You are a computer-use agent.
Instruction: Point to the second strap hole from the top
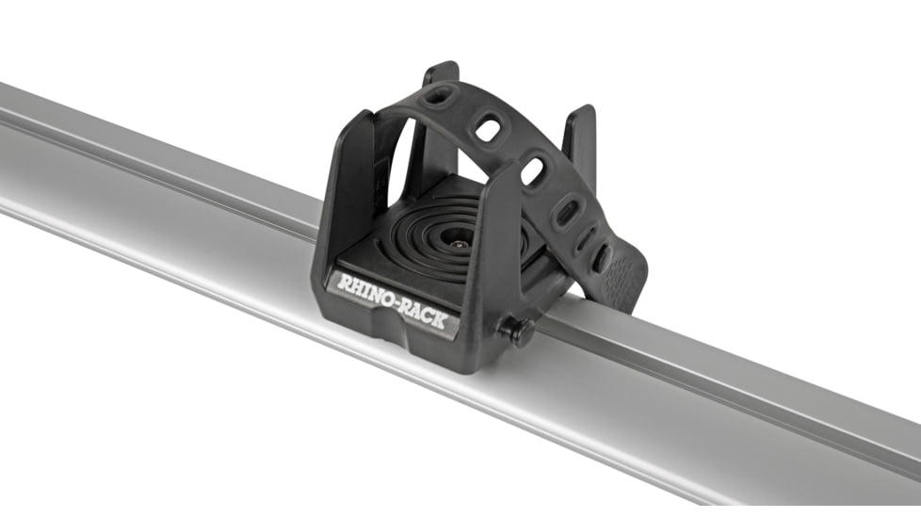(x=487, y=128)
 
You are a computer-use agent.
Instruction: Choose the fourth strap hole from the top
(x=567, y=212)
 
